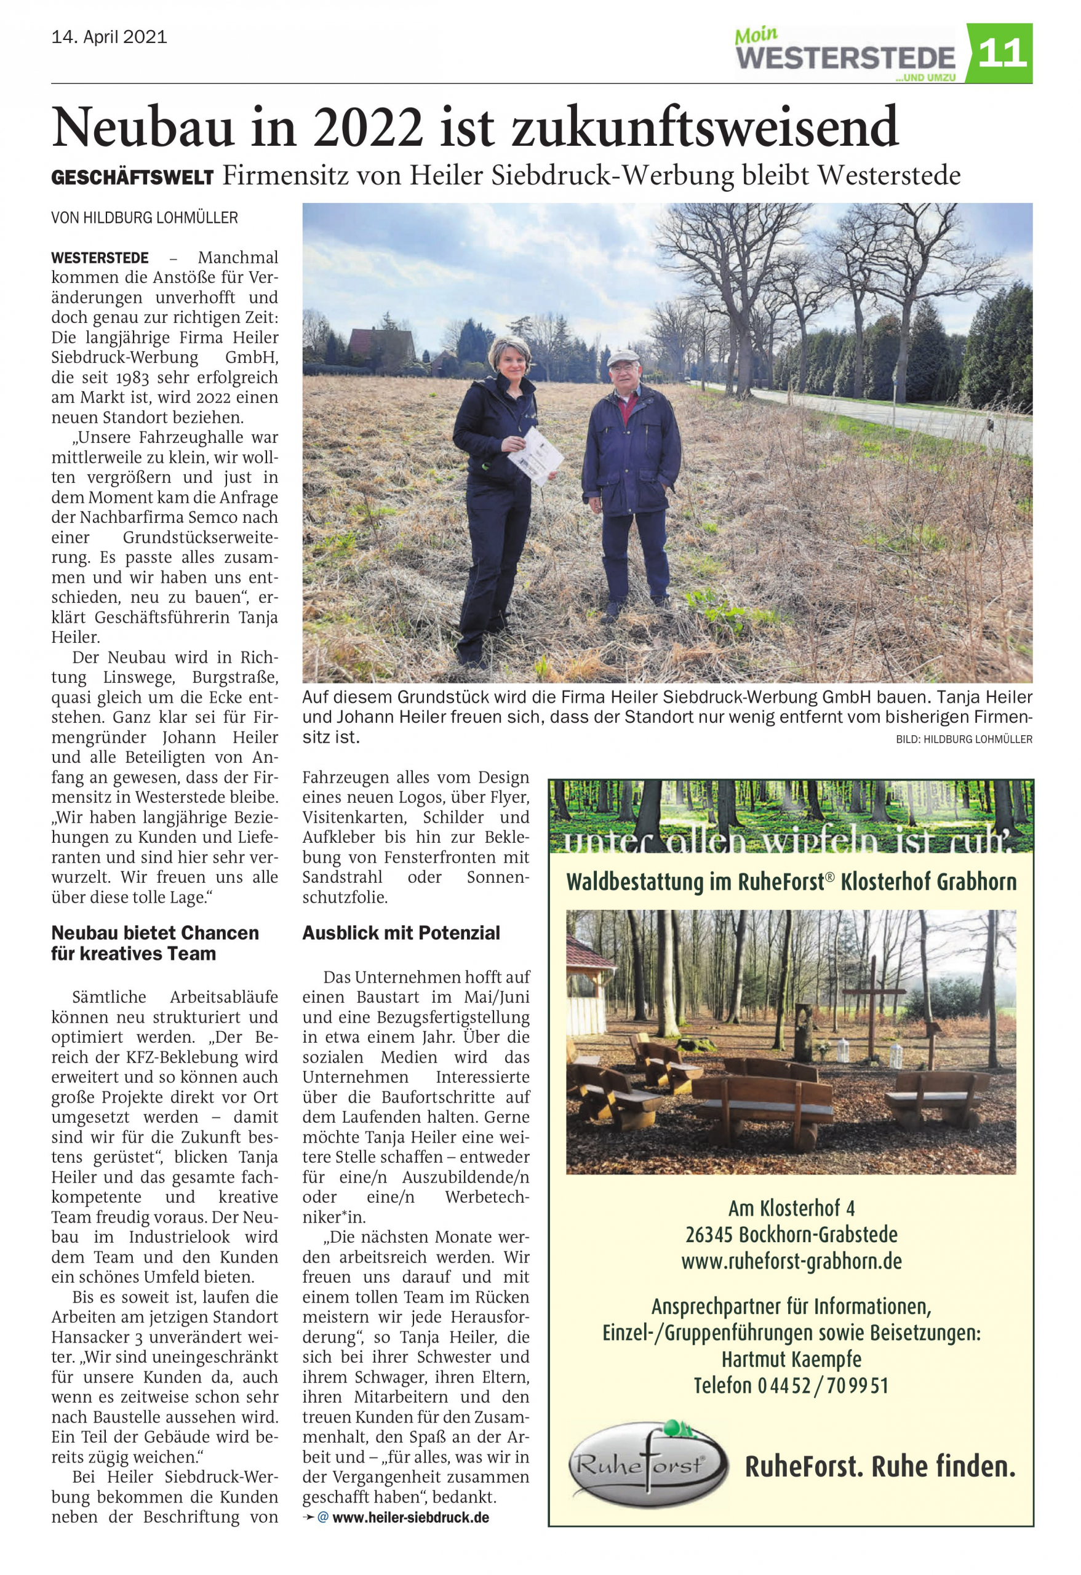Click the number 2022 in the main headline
click(369, 127)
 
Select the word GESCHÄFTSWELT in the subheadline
click(133, 178)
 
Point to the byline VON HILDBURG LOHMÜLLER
click(145, 218)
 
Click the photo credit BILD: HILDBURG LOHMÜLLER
click(963, 740)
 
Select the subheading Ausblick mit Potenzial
click(401, 933)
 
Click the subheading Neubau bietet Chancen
click(155, 933)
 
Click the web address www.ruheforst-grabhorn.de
click(791, 1261)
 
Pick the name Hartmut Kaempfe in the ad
click(791, 1360)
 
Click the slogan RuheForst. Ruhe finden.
click(880, 1467)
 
